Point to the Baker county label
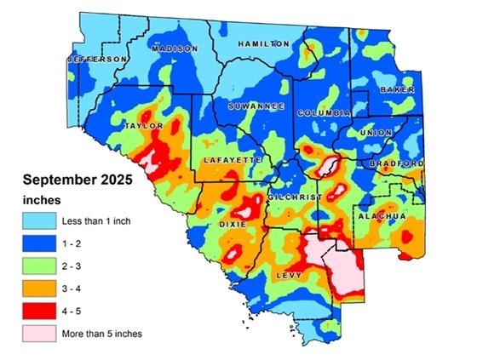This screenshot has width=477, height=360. (397, 89)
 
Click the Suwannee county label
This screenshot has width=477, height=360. (250, 106)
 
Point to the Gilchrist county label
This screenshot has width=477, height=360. (294, 197)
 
